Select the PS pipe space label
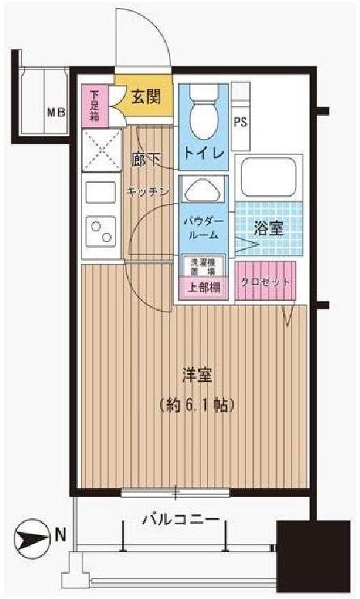tap(240, 123)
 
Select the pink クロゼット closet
tap(265, 280)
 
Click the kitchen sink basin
tap(100, 194)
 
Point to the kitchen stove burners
tap(101, 232)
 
